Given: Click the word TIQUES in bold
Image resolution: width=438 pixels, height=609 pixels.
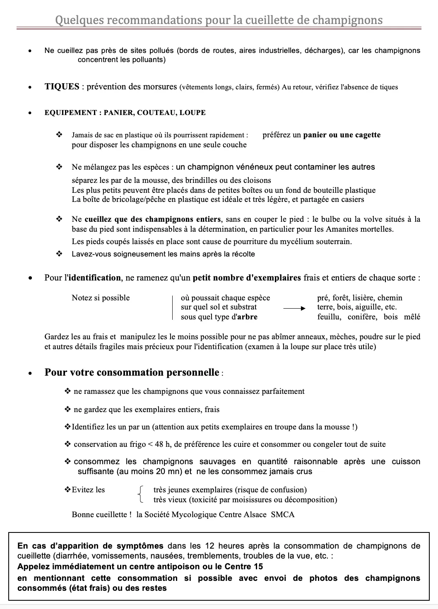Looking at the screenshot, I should (62, 87).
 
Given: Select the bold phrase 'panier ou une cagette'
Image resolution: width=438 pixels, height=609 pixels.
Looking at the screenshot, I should (342, 135).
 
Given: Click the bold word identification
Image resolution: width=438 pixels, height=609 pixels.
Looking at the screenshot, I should (94, 278).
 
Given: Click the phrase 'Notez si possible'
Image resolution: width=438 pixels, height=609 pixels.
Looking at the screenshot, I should (101, 298).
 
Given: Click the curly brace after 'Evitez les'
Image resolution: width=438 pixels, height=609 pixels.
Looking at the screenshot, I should (141, 494).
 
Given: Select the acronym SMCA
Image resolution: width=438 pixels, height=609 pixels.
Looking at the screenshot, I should (283, 515).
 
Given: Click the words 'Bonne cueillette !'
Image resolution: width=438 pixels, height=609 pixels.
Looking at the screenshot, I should (102, 515).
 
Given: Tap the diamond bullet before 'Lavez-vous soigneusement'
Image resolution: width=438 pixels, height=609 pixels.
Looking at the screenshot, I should (59, 254).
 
